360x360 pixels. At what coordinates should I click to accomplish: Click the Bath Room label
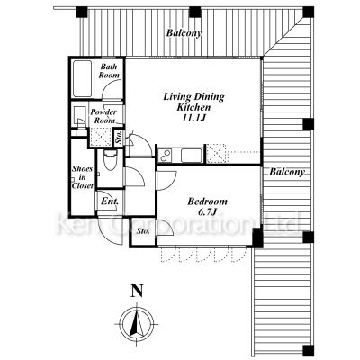point(109,71)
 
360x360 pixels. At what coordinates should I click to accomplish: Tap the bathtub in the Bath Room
point(82,79)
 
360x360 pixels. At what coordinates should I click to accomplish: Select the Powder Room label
point(103,116)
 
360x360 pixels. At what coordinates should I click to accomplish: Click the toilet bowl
point(110,160)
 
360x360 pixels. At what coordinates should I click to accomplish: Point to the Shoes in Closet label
point(83,177)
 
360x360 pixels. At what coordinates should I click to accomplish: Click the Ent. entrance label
point(109,202)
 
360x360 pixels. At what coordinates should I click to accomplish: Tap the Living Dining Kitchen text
point(193,102)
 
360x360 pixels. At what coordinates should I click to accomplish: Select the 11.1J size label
point(194,118)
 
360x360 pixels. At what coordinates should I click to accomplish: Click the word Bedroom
point(207,202)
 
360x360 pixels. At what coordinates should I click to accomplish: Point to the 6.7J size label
point(207,212)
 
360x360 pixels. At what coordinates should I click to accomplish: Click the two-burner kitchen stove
point(165,156)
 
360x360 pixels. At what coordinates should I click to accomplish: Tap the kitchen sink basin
point(192,156)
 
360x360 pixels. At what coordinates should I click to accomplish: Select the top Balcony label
point(184,33)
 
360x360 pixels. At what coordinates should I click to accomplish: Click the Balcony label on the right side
point(287,172)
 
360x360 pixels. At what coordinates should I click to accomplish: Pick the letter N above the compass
point(137,291)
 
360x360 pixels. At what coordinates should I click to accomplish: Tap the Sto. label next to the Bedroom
point(143,231)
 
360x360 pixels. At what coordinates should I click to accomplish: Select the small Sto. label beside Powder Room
point(119,139)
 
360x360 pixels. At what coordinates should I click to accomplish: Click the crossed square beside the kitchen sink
point(216,154)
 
